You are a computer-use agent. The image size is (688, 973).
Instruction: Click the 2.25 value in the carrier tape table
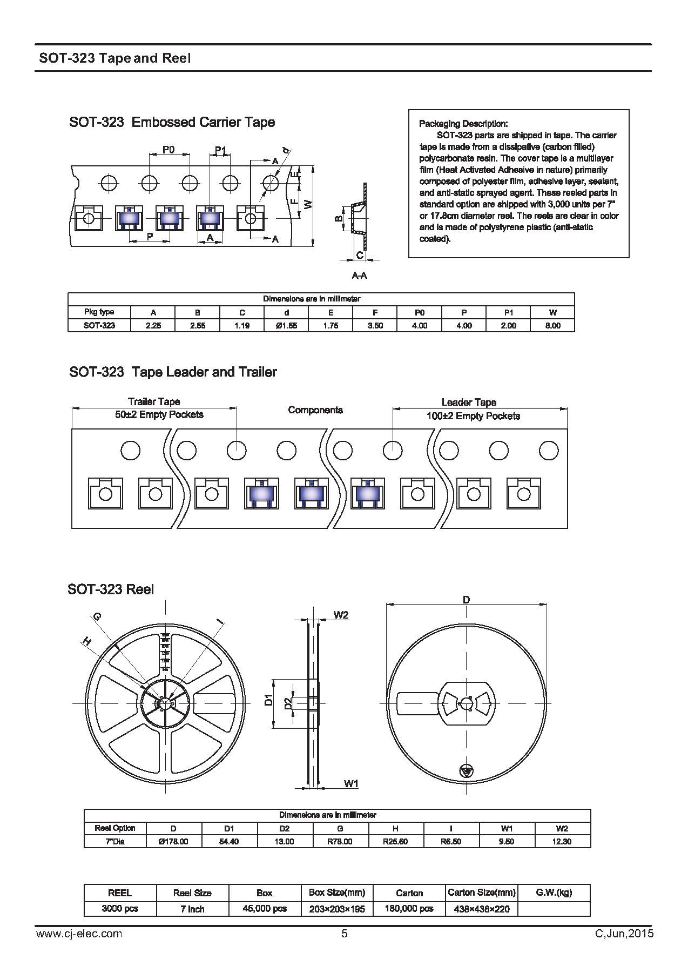point(153,326)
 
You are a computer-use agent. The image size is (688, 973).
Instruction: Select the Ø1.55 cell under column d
point(286,326)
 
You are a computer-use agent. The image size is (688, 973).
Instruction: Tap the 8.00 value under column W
point(552,326)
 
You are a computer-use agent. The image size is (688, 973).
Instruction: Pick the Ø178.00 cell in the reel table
point(173,842)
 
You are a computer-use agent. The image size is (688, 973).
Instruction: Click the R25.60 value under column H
point(395,842)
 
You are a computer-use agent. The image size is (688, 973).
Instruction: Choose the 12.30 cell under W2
point(562,842)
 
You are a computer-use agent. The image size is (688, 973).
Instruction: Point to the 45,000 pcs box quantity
point(265,909)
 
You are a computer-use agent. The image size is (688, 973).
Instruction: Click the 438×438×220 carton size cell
point(482,909)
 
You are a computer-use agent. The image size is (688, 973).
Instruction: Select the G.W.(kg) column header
point(554,893)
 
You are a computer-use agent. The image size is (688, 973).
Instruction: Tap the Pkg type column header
point(99,312)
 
